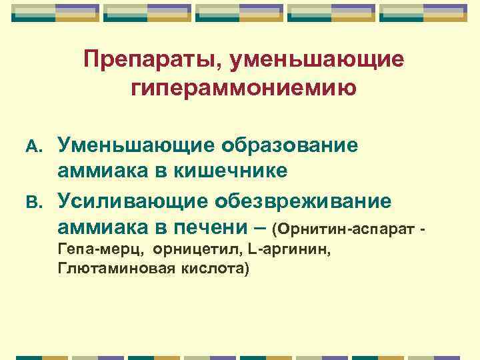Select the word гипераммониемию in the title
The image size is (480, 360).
coord(244,88)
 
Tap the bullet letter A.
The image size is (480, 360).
coord(35,145)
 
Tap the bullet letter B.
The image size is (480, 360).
coord(35,201)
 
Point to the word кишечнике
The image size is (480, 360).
coord(231,171)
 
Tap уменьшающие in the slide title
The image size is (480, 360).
coord(315,61)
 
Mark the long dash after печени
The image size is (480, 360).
coord(262,227)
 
